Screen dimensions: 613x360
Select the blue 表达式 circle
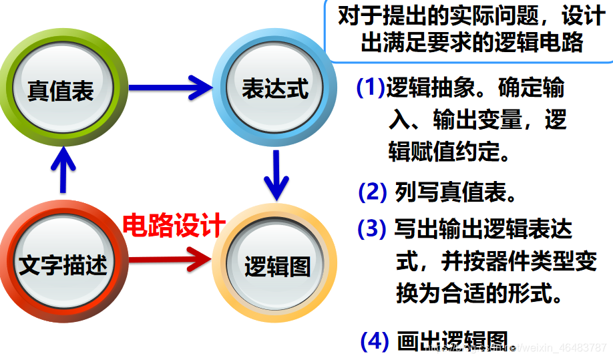[274, 87]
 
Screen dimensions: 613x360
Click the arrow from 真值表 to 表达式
[170, 86]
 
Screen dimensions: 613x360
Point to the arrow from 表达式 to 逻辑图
[275, 174]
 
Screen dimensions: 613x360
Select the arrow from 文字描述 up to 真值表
[61, 170]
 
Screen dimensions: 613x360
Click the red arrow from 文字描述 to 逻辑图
[170, 258]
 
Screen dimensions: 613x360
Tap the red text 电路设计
[174, 226]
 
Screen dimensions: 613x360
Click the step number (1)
[371, 87]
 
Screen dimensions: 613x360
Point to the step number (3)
[372, 228]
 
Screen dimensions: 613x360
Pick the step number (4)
[374, 341]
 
